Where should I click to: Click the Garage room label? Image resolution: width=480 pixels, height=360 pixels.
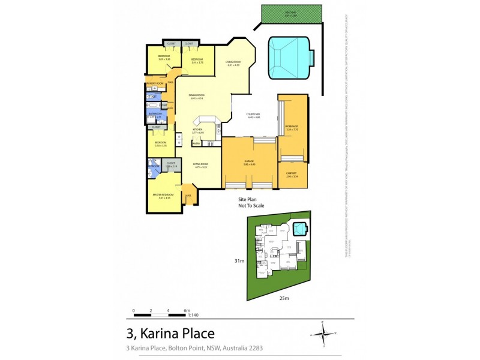249,161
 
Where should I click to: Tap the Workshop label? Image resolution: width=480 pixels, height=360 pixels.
292,127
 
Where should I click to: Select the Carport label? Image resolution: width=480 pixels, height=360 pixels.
292,175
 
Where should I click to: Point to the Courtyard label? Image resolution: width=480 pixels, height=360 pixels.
253,115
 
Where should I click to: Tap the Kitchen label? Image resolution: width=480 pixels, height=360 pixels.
197,130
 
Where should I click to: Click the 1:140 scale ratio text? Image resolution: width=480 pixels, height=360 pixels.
193,315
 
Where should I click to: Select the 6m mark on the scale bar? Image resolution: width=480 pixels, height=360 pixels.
187,310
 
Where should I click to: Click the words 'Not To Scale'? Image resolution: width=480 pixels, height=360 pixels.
251,205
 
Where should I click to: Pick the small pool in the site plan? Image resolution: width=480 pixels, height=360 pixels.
298,228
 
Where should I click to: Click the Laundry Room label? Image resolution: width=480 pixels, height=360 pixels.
155,83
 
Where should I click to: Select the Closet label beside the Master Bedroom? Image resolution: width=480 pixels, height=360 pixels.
171,163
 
